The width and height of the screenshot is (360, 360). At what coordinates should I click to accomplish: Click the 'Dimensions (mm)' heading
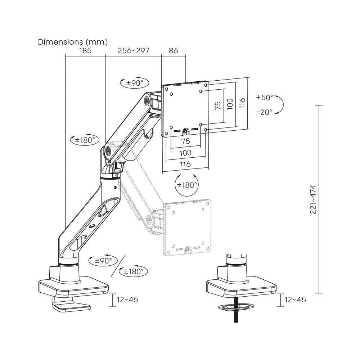73,42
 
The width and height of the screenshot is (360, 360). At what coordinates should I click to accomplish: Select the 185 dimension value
85,51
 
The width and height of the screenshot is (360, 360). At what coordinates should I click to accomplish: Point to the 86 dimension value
174,51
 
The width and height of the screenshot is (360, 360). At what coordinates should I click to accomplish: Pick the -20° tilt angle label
265,112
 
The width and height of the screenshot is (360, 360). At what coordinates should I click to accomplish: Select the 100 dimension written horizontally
185,153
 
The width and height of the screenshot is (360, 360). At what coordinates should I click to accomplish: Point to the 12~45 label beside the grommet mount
295,300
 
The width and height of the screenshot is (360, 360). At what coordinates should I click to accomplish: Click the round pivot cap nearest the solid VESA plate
146,100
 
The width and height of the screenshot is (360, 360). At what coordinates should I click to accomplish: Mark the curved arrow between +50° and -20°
281,105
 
